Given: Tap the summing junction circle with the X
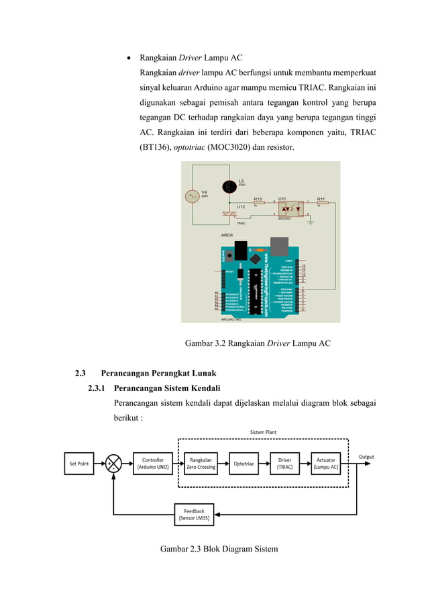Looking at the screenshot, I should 113,463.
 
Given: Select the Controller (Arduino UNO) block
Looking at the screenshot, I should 152,463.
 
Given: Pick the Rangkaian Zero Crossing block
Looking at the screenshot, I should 201,463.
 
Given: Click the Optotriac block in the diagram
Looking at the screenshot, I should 242,463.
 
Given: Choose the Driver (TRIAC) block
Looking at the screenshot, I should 285,463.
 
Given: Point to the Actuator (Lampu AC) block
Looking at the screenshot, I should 327,463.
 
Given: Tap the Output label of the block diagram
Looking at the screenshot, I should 366,457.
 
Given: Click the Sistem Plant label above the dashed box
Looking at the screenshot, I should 263,432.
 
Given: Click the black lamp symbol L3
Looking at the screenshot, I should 229,184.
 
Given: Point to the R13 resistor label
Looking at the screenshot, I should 258,199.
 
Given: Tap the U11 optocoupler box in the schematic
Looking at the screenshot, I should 289,209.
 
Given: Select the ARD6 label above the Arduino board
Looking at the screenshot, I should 227,236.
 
